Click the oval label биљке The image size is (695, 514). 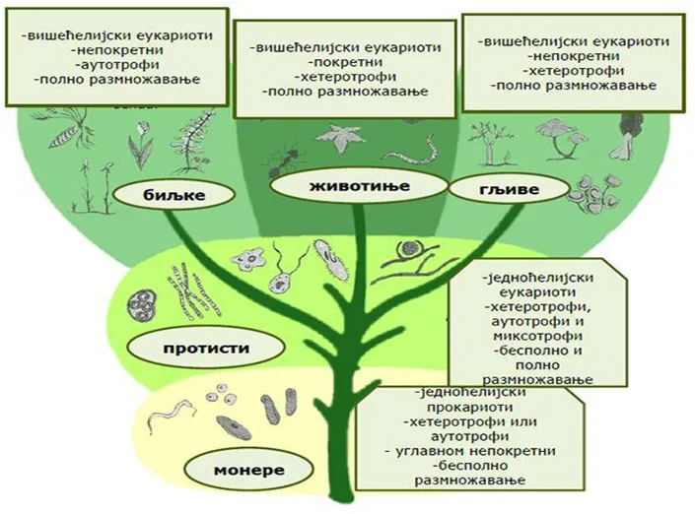click(x=174, y=194)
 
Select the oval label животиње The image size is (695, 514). click(x=360, y=186)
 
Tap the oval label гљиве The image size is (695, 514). click(x=509, y=189)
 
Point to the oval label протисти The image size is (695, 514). click(x=206, y=348)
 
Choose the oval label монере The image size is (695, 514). click(x=248, y=470)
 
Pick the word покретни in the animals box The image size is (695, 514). click(x=347, y=62)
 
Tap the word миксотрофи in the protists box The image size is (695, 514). click(x=538, y=336)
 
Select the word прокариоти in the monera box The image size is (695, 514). click(x=470, y=407)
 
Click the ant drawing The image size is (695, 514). click(x=284, y=161)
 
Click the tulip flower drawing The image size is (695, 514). click(x=140, y=145)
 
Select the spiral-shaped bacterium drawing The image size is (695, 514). click(x=172, y=415)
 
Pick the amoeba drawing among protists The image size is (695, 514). click(x=249, y=259)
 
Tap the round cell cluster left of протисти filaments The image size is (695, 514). click(x=142, y=305)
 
